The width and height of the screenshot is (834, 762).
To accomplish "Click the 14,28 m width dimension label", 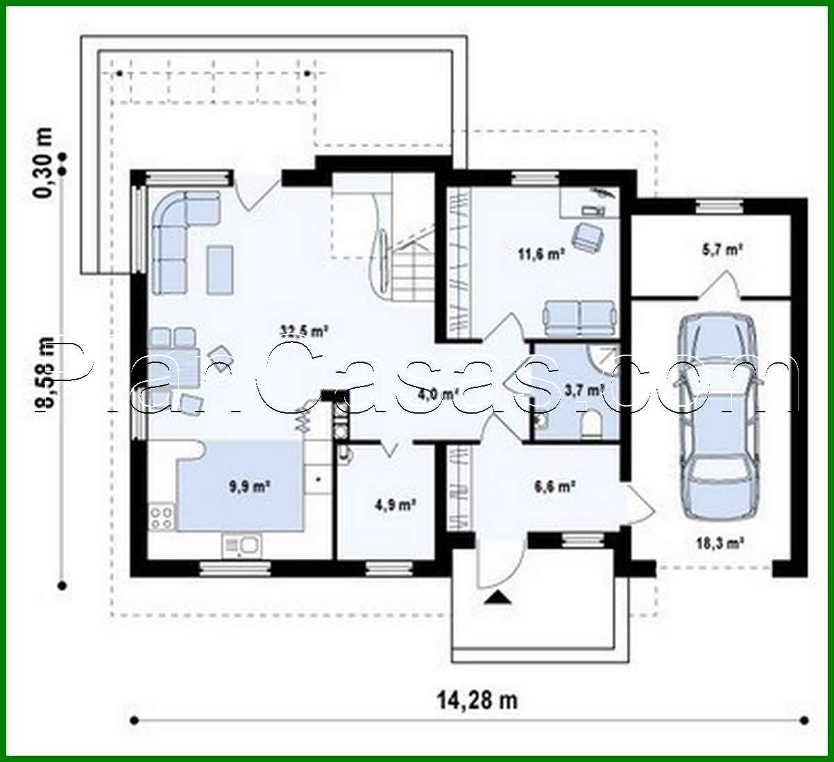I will coord(477,700).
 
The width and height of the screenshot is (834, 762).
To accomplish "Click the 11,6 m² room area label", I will coord(542,254).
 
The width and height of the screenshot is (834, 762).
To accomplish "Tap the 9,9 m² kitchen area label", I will coord(249,488).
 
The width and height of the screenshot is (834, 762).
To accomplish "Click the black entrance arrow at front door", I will coord(496,597).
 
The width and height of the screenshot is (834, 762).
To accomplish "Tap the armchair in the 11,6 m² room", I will coord(586,236).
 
